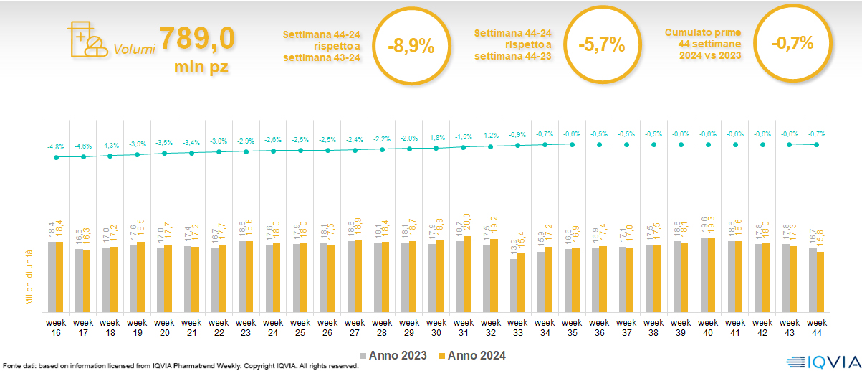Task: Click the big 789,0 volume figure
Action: tap(196, 39)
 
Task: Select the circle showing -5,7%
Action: tap(601, 45)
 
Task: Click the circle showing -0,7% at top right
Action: tap(792, 43)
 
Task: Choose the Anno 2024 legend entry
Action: tap(472, 356)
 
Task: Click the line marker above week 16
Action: tap(56, 157)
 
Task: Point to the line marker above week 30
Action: tap(436, 149)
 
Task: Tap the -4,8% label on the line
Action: tap(56, 147)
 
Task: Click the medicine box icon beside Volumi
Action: tap(85, 40)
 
